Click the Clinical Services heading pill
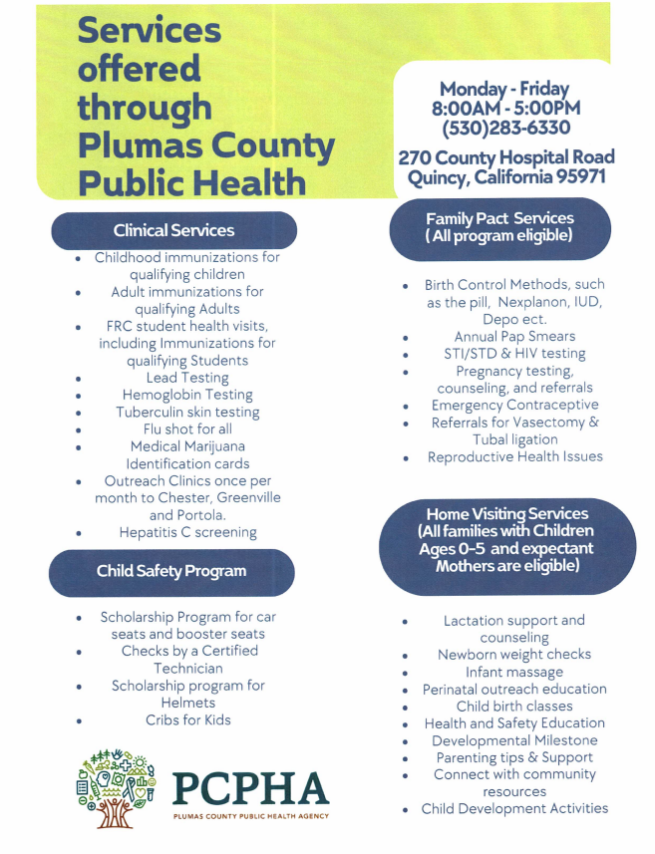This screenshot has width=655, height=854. (x=173, y=230)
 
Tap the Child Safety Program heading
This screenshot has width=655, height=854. (x=170, y=571)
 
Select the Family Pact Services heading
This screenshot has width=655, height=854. (x=499, y=227)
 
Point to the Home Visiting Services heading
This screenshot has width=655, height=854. (x=506, y=540)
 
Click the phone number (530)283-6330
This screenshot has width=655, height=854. (x=505, y=128)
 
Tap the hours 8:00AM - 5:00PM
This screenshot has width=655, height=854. (x=505, y=108)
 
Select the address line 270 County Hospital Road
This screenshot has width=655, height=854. (x=506, y=157)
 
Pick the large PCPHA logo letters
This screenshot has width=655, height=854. (x=249, y=789)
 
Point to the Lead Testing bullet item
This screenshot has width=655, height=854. (x=187, y=378)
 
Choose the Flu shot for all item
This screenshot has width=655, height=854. (x=187, y=428)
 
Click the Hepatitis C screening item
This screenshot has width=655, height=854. (x=187, y=532)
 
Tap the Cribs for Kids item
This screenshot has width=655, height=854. (x=189, y=719)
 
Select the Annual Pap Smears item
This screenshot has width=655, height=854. (x=514, y=336)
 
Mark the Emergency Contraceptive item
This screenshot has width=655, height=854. (x=514, y=405)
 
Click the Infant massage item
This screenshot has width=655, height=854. (x=514, y=672)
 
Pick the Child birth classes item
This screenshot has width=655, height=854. (x=514, y=706)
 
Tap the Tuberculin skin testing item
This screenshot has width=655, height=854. (x=187, y=412)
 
